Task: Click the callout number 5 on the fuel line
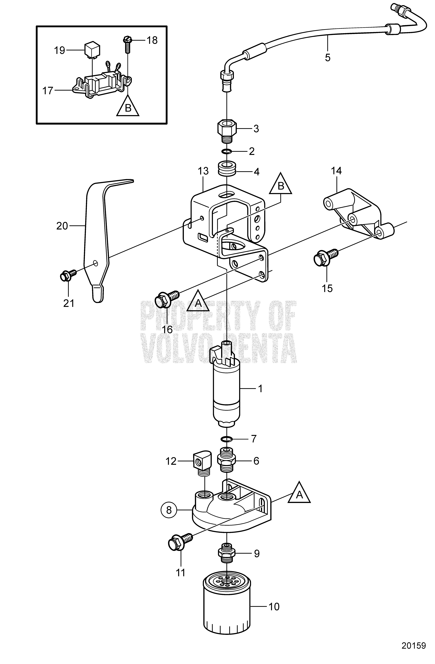pyautogui.click(x=328, y=58)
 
